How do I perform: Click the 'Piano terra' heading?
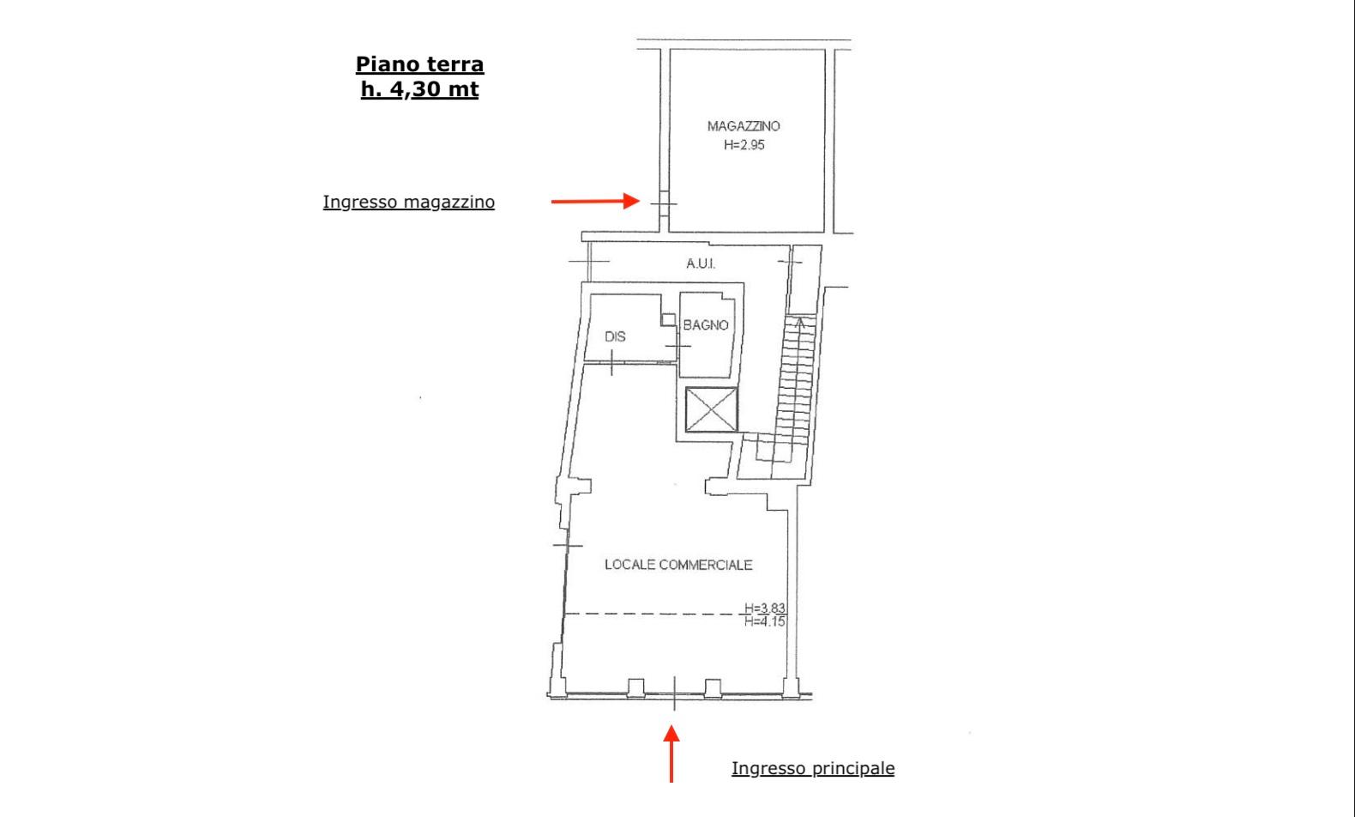tap(419, 64)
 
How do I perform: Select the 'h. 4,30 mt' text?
tap(419, 89)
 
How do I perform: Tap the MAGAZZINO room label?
tap(744, 126)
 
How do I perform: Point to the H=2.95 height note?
tap(744, 145)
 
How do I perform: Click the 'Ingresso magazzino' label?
tap(408, 203)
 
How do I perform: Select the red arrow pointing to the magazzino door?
tap(595, 201)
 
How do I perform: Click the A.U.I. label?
tap(701, 263)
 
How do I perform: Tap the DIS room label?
tap(615, 336)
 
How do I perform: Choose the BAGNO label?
tap(705, 325)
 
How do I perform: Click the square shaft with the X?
tap(712, 409)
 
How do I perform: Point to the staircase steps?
tap(795, 380)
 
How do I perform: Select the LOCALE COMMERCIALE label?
tap(678, 565)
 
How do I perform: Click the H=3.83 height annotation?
tap(765, 608)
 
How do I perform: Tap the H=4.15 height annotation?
tap(765, 621)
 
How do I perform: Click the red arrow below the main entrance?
tap(671, 754)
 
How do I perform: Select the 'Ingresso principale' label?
tap(812, 769)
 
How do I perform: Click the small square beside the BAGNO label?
tap(668, 319)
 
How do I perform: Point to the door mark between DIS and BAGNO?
tap(678, 346)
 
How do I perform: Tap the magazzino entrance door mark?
tap(664, 204)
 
